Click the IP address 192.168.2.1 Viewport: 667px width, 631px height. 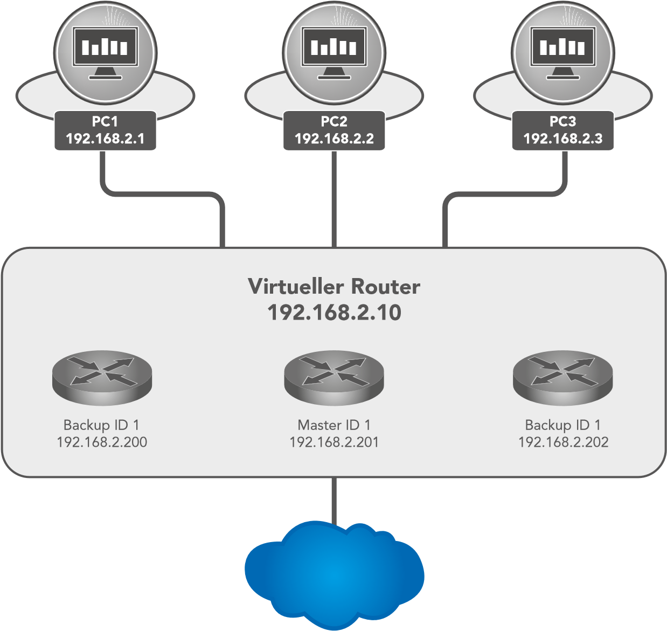[x=105, y=139]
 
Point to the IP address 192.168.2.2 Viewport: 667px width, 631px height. [x=334, y=139]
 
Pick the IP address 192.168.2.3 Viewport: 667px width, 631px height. [x=563, y=139]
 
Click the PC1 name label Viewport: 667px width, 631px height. [x=105, y=122]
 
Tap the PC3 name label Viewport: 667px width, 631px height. [x=563, y=122]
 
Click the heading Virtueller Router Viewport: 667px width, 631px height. [x=334, y=287]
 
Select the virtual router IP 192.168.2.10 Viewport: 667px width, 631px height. [x=334, y=313]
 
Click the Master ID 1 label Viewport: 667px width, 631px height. [x=334, y=425]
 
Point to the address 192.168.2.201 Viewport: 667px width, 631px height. [x=334, y=442]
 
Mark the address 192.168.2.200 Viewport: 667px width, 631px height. [x=102, y=442]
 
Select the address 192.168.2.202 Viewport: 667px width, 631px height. [x=563, y=442]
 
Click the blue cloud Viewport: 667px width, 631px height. [x=334, y=574]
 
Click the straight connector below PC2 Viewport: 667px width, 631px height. [x=335, y=199]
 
